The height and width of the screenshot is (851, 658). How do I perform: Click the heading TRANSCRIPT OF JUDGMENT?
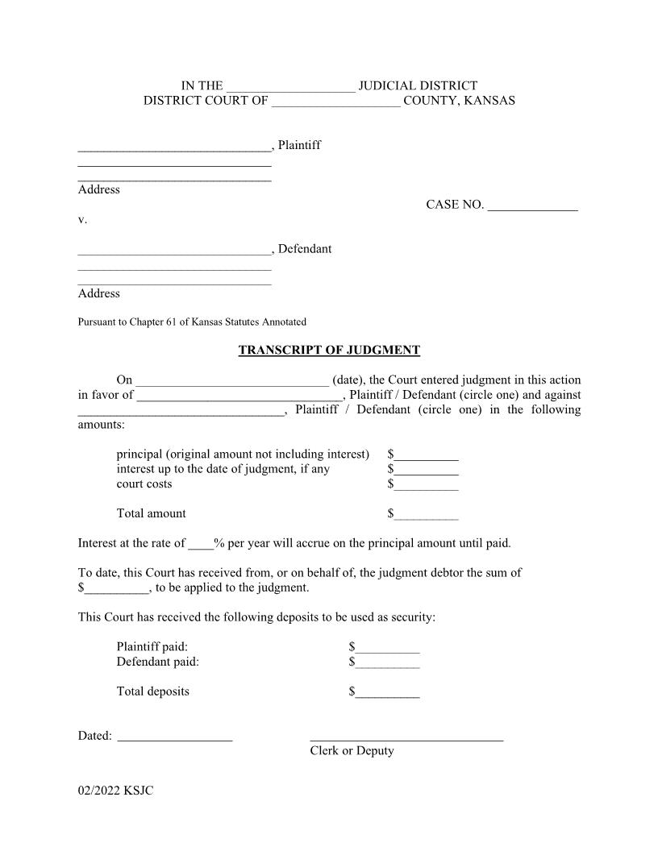(329, 351)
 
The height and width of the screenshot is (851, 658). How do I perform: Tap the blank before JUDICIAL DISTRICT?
(290, 86)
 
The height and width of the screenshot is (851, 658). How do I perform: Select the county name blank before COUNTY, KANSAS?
(335, 102)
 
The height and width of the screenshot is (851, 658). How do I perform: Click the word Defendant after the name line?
(304, 249)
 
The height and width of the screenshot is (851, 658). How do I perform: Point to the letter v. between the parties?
(82, 219)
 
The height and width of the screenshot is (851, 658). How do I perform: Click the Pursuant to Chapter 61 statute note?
(192, 322)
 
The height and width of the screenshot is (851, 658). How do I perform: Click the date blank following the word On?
(232, 380)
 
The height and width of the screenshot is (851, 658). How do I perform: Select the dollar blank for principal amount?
(426, 455)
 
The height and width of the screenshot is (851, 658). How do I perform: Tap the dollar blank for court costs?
(426, 484)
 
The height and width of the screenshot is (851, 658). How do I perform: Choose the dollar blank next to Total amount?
(426, 514)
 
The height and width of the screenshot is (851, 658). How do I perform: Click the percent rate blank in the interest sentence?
(200, 544)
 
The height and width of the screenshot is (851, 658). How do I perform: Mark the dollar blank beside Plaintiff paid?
(387, 647)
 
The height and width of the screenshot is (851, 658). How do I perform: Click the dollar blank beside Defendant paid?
(387, 662)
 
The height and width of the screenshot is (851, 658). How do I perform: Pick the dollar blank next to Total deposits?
(387, 692)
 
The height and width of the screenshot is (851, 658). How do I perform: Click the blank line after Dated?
(175, 737)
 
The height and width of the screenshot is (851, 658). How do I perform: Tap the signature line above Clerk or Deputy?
(406, 737)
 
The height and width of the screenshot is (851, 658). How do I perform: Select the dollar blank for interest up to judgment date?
(426, 470)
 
